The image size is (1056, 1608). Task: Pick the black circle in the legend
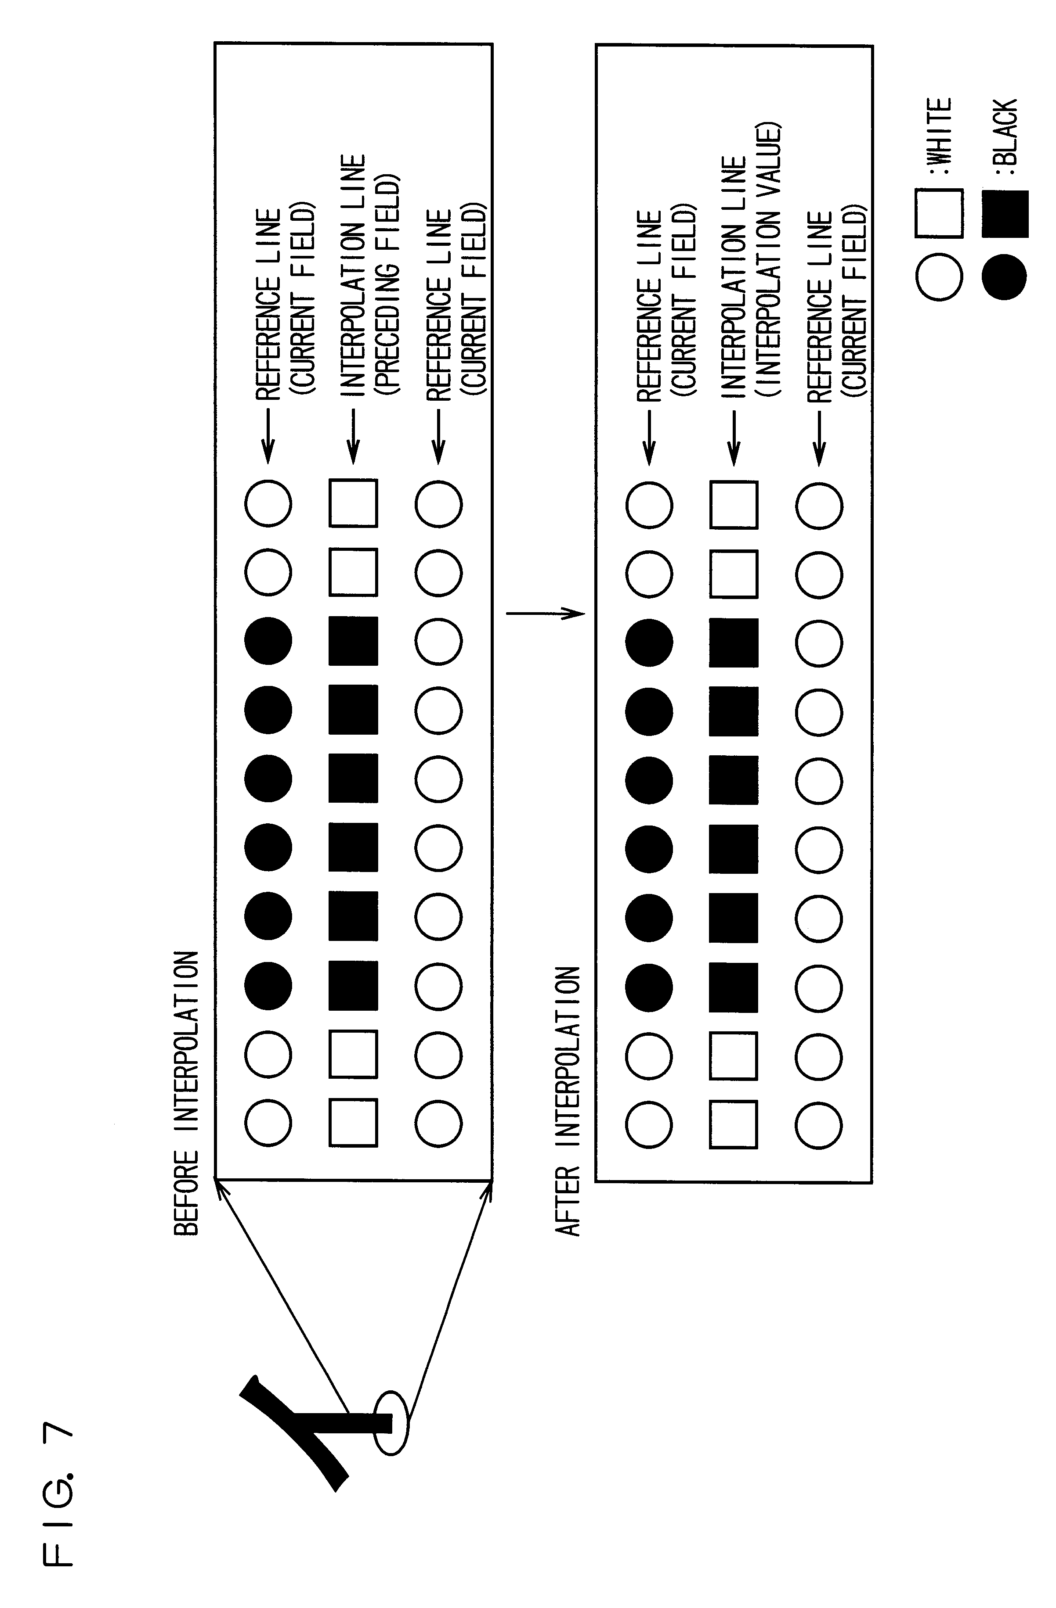pos(1005,276)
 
